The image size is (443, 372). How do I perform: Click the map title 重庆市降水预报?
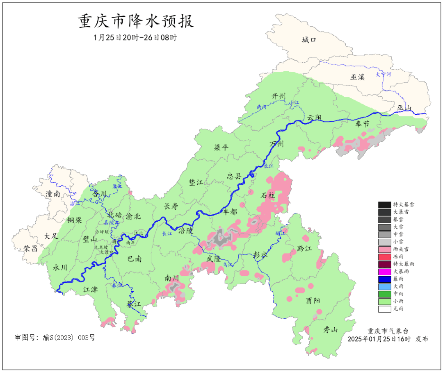click(x=136, y=22)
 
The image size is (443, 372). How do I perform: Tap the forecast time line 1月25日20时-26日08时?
click(x=136, y=37)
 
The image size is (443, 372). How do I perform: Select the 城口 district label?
click(x=309, y=40)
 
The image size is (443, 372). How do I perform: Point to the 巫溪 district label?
click(x=357, y=77)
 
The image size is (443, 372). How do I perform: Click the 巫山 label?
click(x=404, y=108)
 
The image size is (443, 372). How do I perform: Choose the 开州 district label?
click(x=278, y=96)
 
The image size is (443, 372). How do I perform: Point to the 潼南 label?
click(x=53, y=194)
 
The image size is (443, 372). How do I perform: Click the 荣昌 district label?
click(x=31, y=248)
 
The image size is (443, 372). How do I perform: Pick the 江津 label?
click(x=91, y=290)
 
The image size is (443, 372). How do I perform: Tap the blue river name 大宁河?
click(x=383, y=75)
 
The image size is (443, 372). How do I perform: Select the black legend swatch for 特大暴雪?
click(x=384, y=205)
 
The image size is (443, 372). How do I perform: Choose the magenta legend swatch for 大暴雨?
click(x=384, y=272)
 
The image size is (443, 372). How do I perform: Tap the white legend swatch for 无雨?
click(x=384, y=309)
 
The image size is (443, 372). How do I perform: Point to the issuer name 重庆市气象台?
click(x=388, y=331)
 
